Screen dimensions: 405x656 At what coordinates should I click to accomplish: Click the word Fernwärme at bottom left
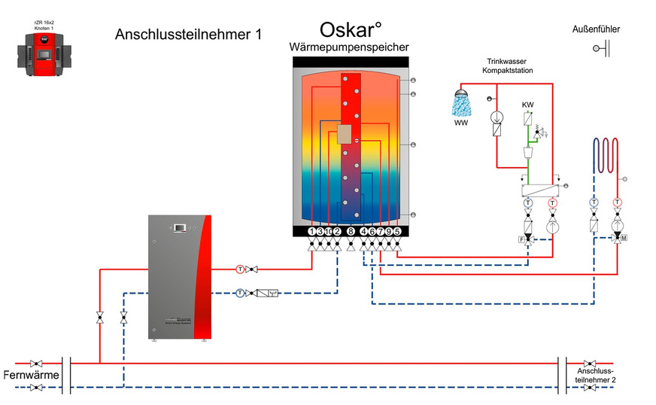coord(28,375)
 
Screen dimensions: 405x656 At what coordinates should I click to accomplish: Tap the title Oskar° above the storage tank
coord(351,30)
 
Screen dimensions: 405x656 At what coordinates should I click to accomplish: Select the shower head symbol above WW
coord(457,99)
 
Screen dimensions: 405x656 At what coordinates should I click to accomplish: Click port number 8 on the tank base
coord(351,231)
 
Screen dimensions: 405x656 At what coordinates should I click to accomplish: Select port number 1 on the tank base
coord(312,231)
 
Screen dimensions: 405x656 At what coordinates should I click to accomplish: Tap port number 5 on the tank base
coord(397,231)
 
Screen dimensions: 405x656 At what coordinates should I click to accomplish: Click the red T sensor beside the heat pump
coord(240,269)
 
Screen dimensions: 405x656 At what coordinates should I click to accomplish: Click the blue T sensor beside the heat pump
coord(239,292)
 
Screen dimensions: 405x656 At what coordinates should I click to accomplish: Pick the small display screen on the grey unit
coord(181,227)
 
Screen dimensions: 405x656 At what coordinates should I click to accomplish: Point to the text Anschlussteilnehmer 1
coord(188,34)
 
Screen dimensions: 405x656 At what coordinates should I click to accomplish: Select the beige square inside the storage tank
coord(345,135)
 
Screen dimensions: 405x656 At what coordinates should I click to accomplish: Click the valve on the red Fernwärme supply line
coord(35,363)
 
